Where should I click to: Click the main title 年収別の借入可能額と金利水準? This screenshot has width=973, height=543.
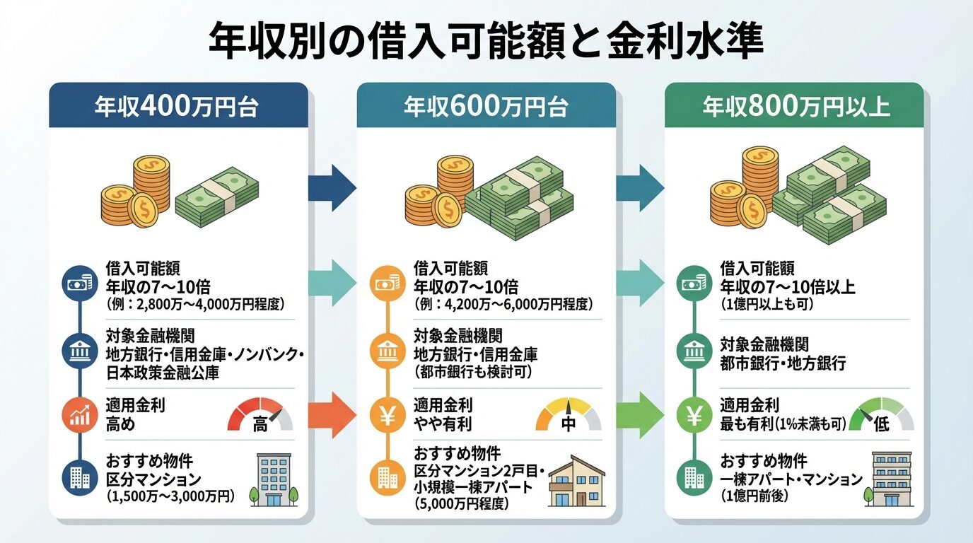(486, 42)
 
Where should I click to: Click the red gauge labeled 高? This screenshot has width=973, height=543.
(260, 415)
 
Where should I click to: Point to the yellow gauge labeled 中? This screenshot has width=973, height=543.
(569, 415)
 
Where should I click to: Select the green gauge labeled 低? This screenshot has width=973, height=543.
(881, 415)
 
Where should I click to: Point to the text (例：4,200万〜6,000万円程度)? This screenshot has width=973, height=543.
(503, 305)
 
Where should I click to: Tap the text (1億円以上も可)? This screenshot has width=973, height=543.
(767, 305)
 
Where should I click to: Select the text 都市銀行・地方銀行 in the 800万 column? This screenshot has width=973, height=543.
(783, 364)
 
